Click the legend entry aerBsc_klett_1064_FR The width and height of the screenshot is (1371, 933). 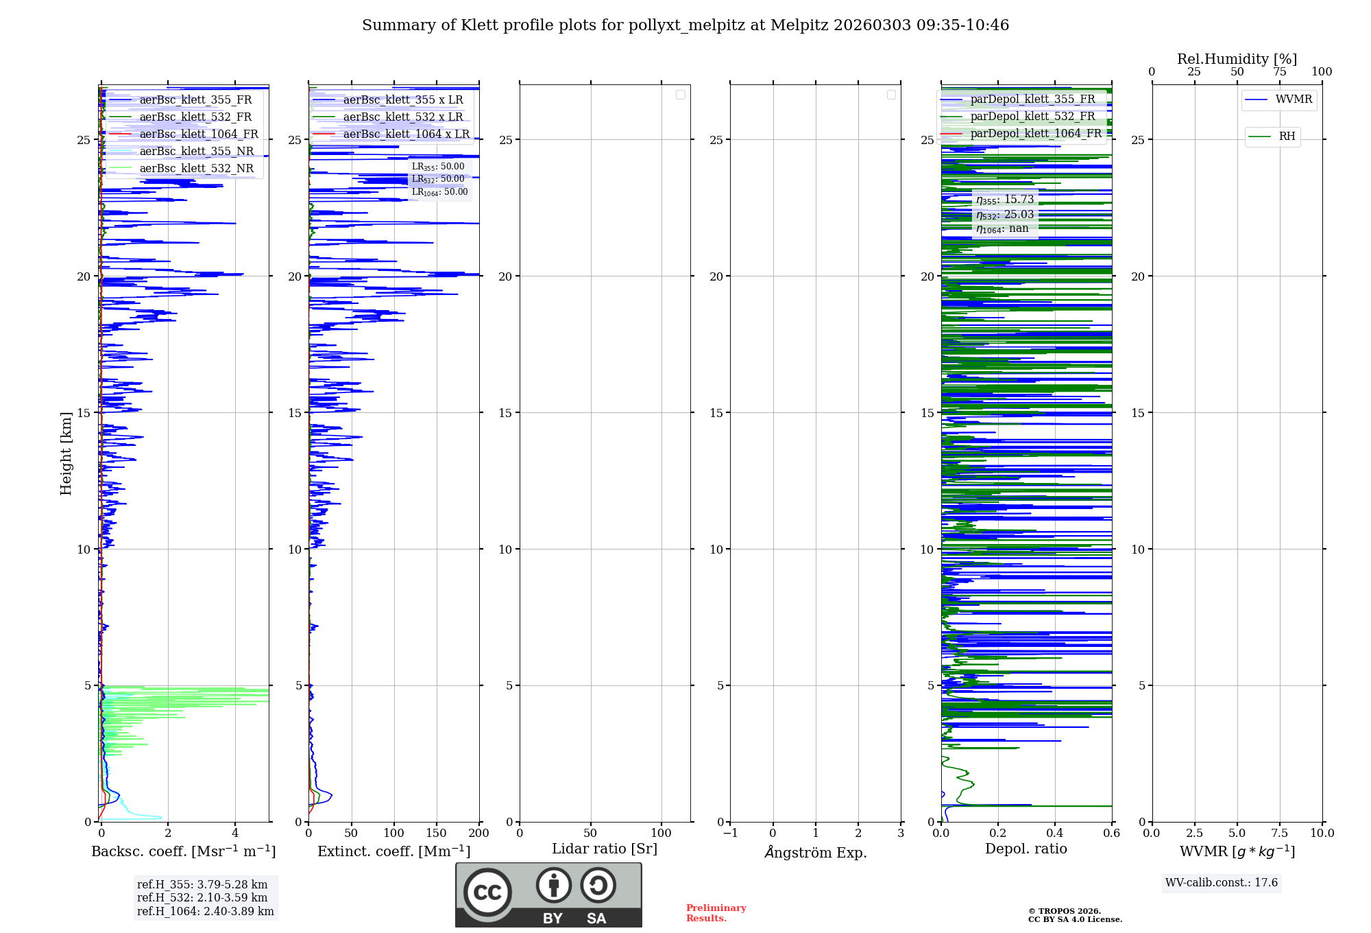(198, 134)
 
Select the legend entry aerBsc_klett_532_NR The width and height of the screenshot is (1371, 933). (196, 168)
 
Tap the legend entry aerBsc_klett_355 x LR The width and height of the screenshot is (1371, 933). (402, 99)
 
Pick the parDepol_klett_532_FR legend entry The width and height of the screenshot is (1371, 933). (1032, 116)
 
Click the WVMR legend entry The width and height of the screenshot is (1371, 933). (1293, 99)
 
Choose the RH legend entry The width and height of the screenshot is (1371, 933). (1287, 137)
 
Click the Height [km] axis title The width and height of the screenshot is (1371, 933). (66, 453)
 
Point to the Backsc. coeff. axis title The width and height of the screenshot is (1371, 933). (183, 851)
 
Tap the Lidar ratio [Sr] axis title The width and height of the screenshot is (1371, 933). (604, 849)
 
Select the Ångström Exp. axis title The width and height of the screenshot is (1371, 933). (815, 852)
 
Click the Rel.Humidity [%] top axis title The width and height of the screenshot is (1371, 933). (1237, 59)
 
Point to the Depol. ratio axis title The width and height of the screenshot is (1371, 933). (1026, 849)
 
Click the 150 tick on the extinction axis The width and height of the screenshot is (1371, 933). (436, 833)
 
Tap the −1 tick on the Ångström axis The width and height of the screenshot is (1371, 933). (730, 833)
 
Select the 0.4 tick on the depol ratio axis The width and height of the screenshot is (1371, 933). (1054, 833)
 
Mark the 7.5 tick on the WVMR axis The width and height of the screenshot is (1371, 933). (1279, 833)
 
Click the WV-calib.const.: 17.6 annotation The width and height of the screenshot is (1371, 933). (1222, 882)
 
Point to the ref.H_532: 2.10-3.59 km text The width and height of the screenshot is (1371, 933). (202, 897)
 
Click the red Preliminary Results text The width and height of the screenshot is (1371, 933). (716, 913)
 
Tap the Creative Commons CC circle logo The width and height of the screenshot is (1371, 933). (487, 892)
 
